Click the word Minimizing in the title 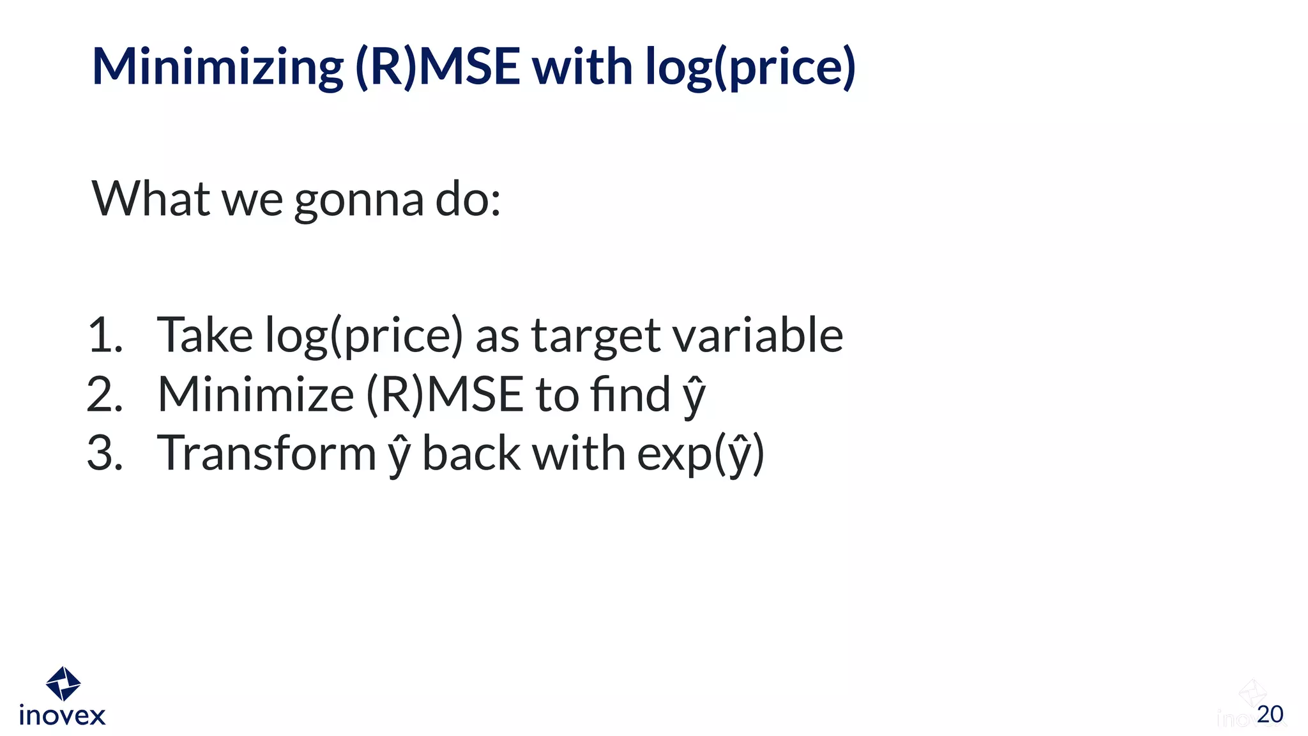(x=217, y=67)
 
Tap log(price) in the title (x=750, y=67)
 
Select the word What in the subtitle (x=151, y=199)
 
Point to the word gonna (x=358, y=201)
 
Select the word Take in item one (x=204, y=335)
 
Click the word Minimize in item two (x=255, y=394)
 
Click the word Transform (x=266, y=453)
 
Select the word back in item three (x=471, y=453)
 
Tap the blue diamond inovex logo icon (x=63, y=684)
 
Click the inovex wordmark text (x=62, y=716)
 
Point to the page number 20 (x=1270, y=714)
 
